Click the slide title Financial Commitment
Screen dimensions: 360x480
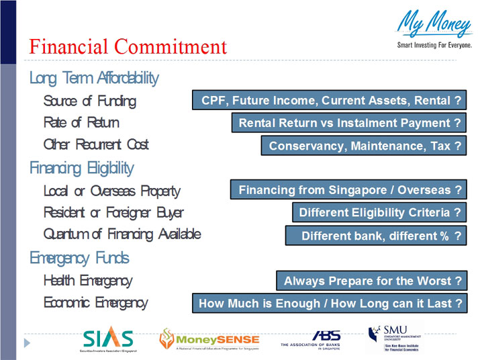click(128, 47)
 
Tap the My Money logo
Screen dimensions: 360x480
click(434, 30)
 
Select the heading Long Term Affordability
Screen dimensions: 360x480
click(94, 78)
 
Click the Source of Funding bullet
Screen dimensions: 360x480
click(89, 101)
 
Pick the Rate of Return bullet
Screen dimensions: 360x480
click(81, 123)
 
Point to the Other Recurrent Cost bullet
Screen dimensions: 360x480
click(96, 144)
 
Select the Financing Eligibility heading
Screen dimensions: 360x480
click(81, 168)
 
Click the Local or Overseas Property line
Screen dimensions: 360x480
click(111, 191)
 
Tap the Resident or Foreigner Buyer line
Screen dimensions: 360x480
click(113, 213)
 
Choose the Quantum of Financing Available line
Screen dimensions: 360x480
click(122, 234)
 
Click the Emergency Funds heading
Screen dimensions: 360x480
click(79, 258)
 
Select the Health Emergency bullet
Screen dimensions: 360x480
click(87, 281)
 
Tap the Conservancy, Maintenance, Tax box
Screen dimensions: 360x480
click(363, 146)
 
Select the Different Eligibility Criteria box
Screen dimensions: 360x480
click(379, 213)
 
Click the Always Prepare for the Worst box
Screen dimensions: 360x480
click(371, 281)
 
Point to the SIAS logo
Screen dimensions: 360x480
click(109, 340)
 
